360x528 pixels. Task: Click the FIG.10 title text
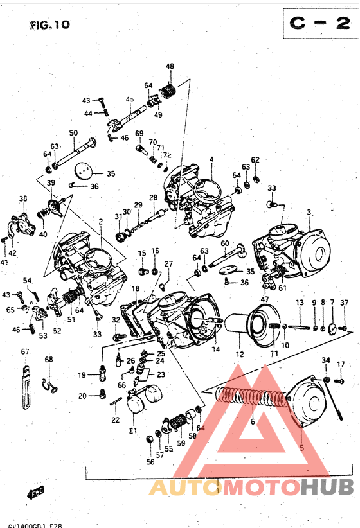49,25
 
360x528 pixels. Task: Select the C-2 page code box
318,24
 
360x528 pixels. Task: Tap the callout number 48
170,67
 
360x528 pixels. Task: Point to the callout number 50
73,133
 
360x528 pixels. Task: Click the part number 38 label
23,198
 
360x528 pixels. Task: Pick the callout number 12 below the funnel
240,353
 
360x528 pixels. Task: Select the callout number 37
345,303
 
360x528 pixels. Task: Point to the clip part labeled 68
51,385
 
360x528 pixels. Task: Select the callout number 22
115,420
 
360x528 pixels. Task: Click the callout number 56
150,461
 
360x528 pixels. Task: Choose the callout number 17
341,364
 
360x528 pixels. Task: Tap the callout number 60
225,243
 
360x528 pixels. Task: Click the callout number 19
82,375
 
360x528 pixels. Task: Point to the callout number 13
300,303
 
